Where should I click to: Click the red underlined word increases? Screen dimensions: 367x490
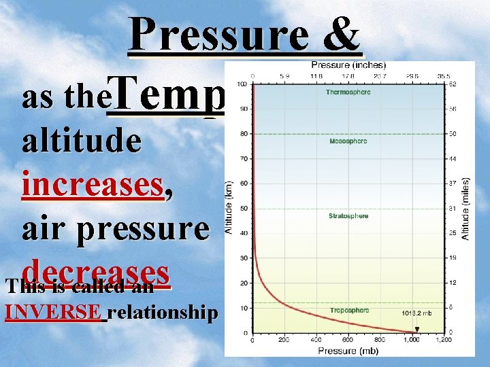coord(93,185)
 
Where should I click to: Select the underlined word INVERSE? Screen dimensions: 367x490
coord(54,313)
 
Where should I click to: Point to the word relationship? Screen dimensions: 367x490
coord(163,313)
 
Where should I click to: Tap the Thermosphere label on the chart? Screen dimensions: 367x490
coord(348,92)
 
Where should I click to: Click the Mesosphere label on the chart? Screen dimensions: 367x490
coord(348,141)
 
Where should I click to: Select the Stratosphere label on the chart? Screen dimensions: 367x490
coord(348,216)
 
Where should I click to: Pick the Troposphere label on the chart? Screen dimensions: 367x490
coord(349,310)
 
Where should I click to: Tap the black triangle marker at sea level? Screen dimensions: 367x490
coord(417,330)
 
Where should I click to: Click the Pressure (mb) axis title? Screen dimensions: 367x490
coord(348,351)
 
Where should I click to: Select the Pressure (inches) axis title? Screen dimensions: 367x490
coord(348,65)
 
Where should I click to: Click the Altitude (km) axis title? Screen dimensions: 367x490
coord(229,208)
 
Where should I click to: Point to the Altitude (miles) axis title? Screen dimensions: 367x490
coord(466,208)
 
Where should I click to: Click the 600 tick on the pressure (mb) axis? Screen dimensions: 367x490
coord(348,339)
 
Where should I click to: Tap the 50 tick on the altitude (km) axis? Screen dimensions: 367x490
coord(243,209)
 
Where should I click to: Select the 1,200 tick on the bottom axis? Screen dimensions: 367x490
coord(443,339)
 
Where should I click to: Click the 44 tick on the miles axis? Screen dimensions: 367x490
coord(452,158)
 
